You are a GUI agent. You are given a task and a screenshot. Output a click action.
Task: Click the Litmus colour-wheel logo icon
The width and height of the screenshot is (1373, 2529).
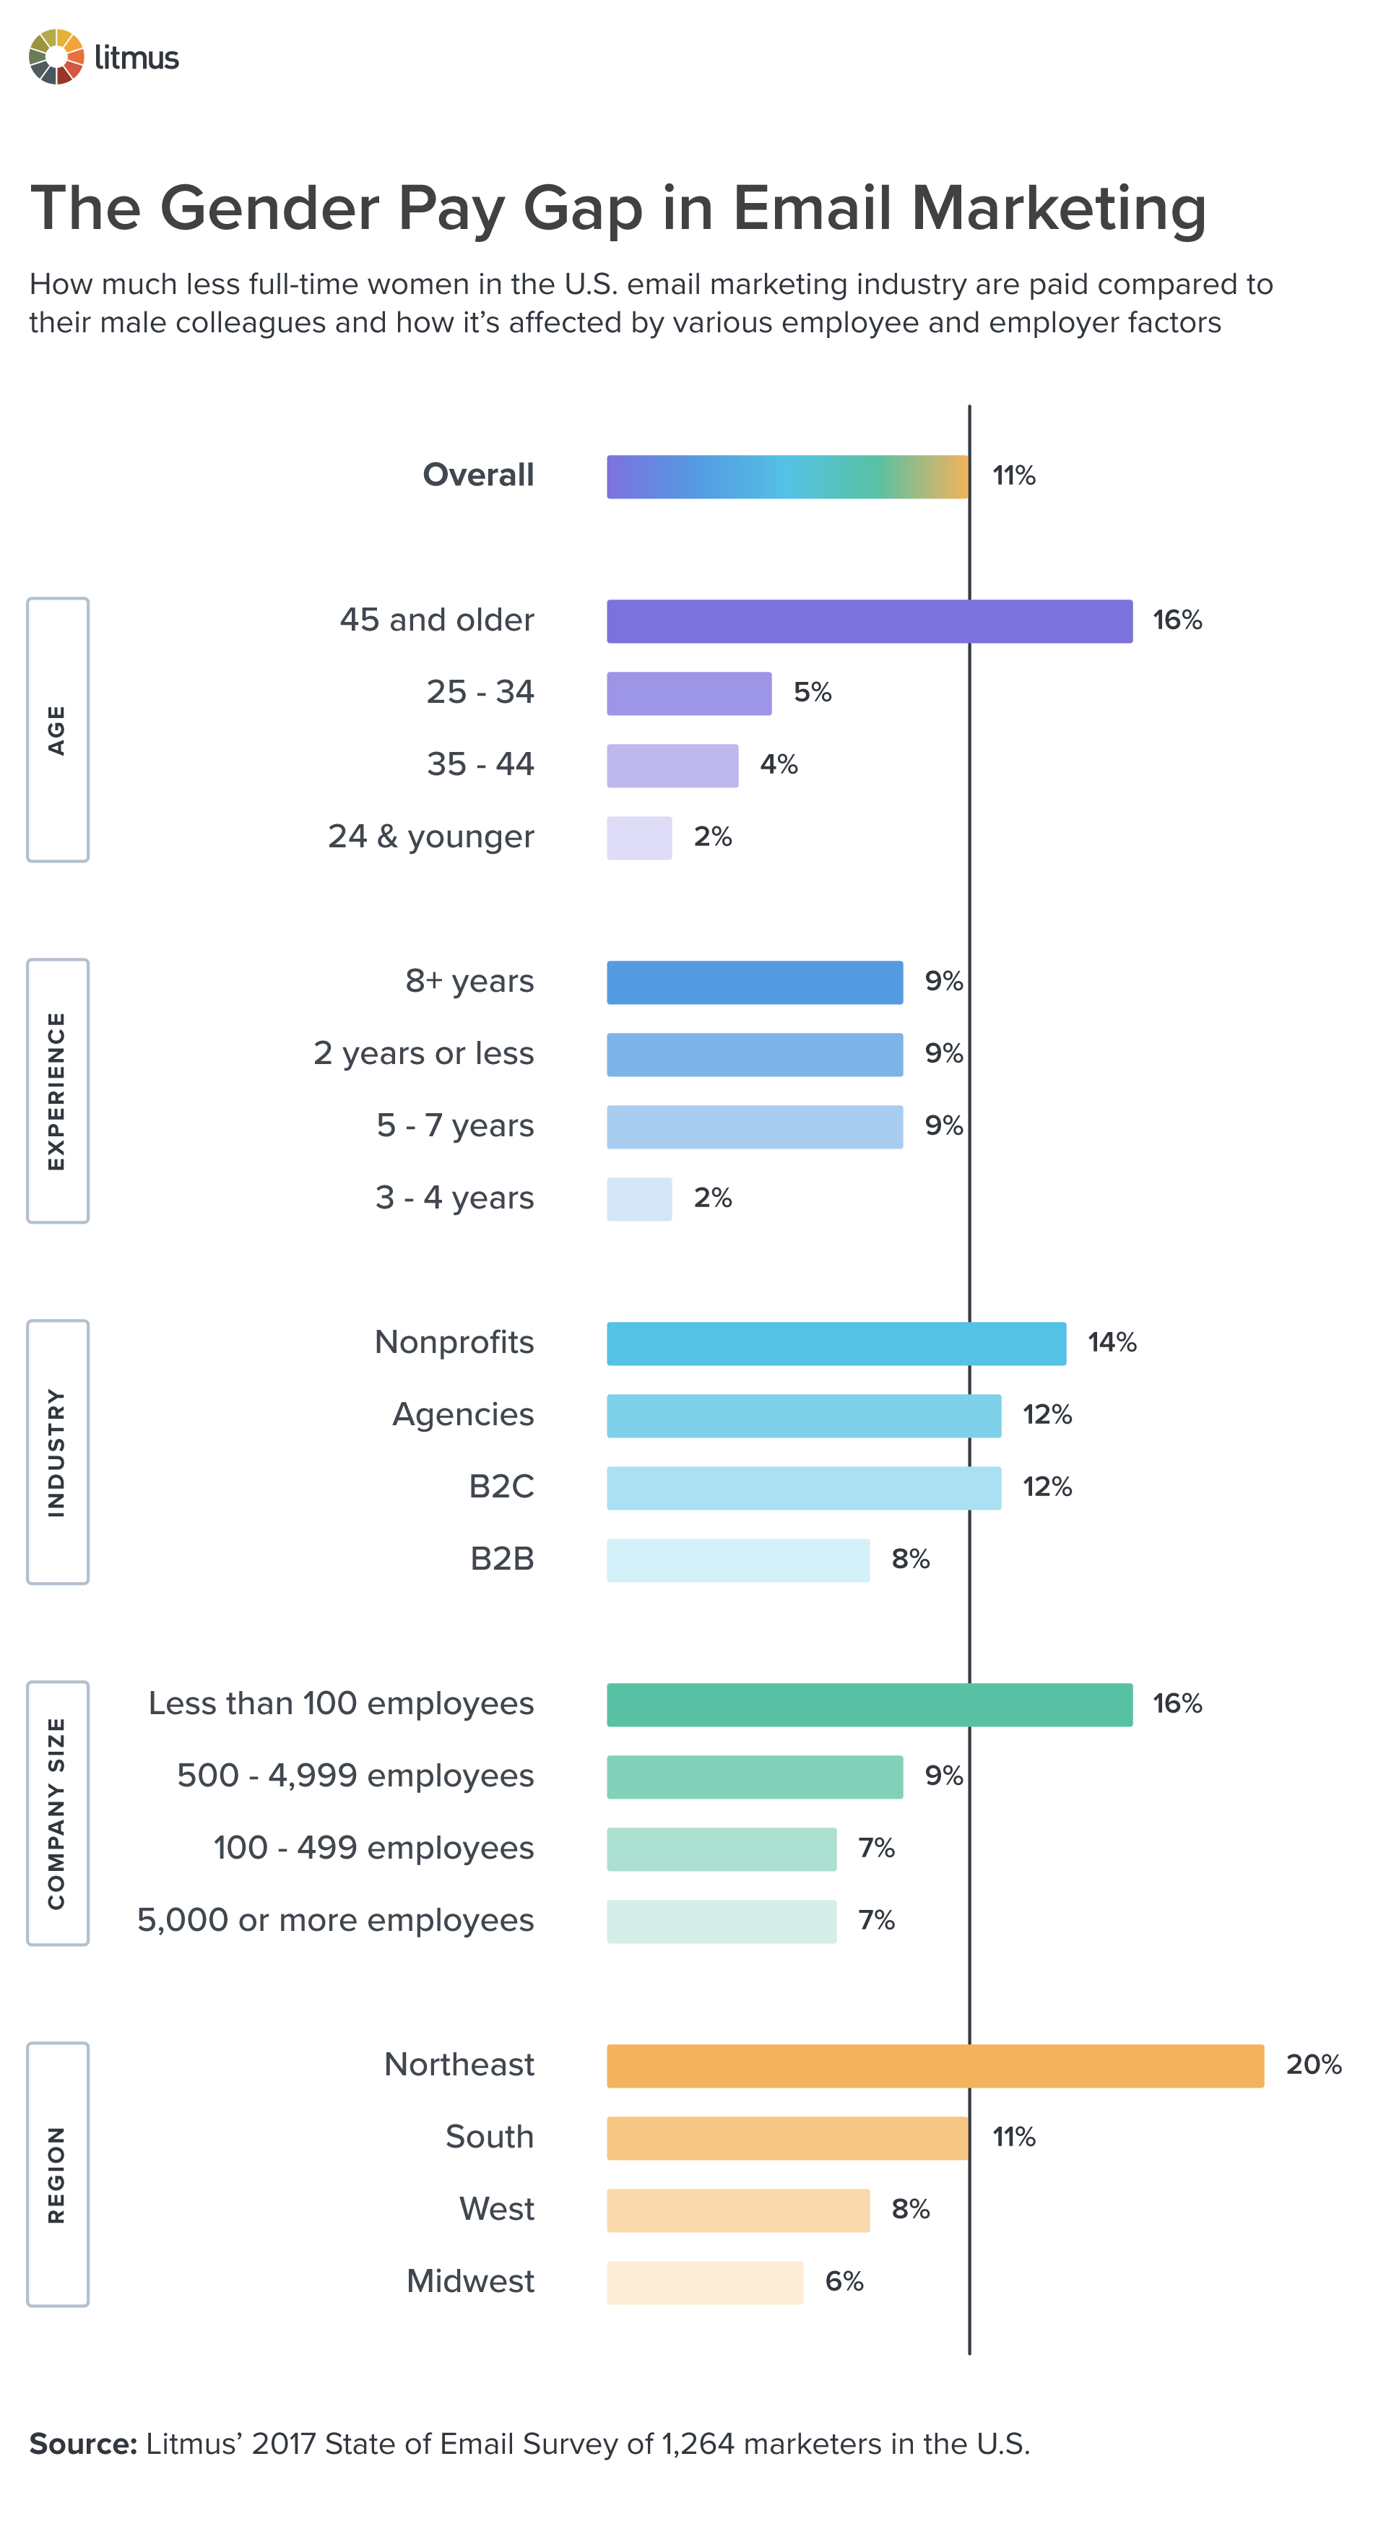coord(56,57)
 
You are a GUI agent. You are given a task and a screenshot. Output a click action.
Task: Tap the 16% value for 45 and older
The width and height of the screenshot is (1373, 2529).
coord(1177,621)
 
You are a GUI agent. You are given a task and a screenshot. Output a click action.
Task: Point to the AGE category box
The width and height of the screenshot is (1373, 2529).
coord(57,730)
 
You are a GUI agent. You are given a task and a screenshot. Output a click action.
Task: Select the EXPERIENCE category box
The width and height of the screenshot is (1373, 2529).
coord(57,1091)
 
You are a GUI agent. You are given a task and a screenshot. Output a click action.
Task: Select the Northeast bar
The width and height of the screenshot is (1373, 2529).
coord(935,2066)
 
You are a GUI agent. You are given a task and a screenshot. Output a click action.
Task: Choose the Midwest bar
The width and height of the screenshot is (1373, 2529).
coord(705,2283)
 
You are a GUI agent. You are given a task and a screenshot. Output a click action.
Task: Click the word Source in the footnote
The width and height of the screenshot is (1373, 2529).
coord(82,2444)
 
